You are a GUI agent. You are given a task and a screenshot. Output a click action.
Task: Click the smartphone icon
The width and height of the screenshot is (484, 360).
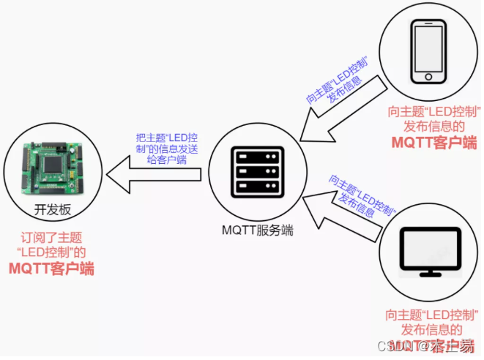429,50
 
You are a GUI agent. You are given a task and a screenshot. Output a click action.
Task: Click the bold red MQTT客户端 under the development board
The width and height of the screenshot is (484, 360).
51,269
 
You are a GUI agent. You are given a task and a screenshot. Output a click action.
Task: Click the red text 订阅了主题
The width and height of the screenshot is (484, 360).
51,238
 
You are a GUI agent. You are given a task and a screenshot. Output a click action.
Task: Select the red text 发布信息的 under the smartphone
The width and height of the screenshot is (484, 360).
433,126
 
